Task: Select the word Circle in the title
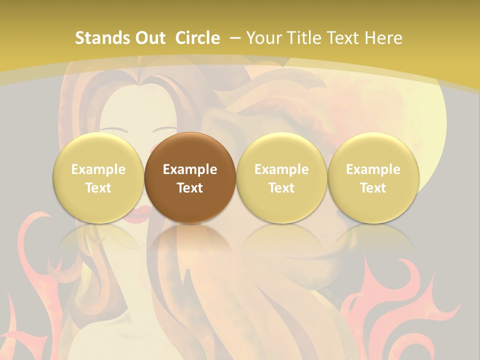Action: point(197,38)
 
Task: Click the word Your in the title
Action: point(263,38)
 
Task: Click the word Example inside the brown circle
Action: point(190,169)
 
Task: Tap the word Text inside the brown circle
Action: point(190,188)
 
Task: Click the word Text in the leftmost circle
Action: point(98,188)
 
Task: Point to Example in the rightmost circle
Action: point(373,169)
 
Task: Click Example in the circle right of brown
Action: point(281,169)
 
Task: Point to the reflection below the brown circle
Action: point(190,245)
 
